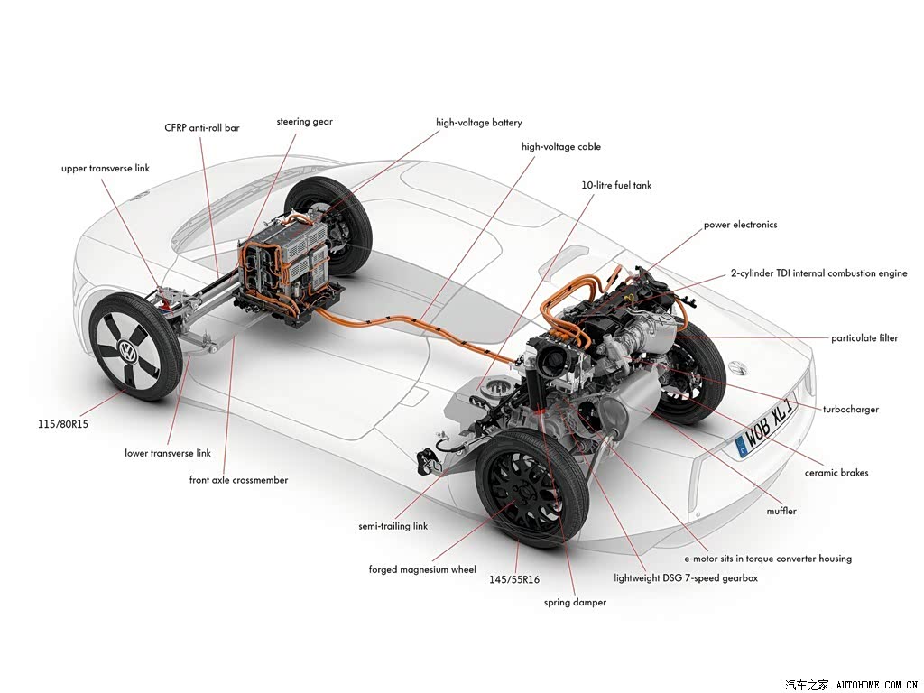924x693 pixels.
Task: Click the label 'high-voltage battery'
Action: (478, 123)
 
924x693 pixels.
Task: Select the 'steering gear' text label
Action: (305, 122)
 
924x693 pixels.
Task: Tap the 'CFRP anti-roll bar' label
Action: (202, 127)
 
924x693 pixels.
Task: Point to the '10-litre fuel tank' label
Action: (616, 185)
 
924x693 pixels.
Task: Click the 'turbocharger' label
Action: (851, 409)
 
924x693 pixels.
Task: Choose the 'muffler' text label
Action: (781, 511)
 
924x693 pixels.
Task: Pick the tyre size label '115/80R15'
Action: (63, 424)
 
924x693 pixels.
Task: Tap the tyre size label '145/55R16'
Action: (513, 579)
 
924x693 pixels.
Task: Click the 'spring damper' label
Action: (575, 602)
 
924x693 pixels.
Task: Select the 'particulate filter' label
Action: (864, 338)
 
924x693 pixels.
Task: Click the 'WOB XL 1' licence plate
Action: (767, 429)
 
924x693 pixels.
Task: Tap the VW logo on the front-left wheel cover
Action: (128, 352)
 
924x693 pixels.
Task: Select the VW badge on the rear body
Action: (737, 368)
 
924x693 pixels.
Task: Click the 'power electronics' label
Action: (740, 225)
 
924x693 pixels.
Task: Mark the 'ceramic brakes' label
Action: (836, 473)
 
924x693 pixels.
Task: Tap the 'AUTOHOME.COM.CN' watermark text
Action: (877, 684)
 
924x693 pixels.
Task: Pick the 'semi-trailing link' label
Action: (393, 526)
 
